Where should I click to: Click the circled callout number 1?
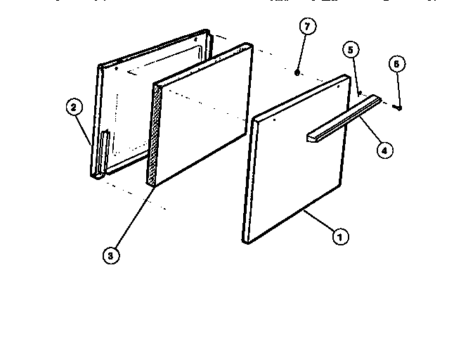click(x=339, y=237)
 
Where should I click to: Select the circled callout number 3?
click(x=110, y=256)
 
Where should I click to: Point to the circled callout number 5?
click(x=350, y=50)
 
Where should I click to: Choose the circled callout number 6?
click(x=396, y=64)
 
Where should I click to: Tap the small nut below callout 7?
click(x=298, y=72)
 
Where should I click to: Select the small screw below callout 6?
click(x=398, y=107)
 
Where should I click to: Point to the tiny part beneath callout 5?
click(x=359, y=91)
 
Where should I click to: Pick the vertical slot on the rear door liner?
click(x=105, y=150)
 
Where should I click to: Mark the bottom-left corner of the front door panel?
click(x=245, y=241)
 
